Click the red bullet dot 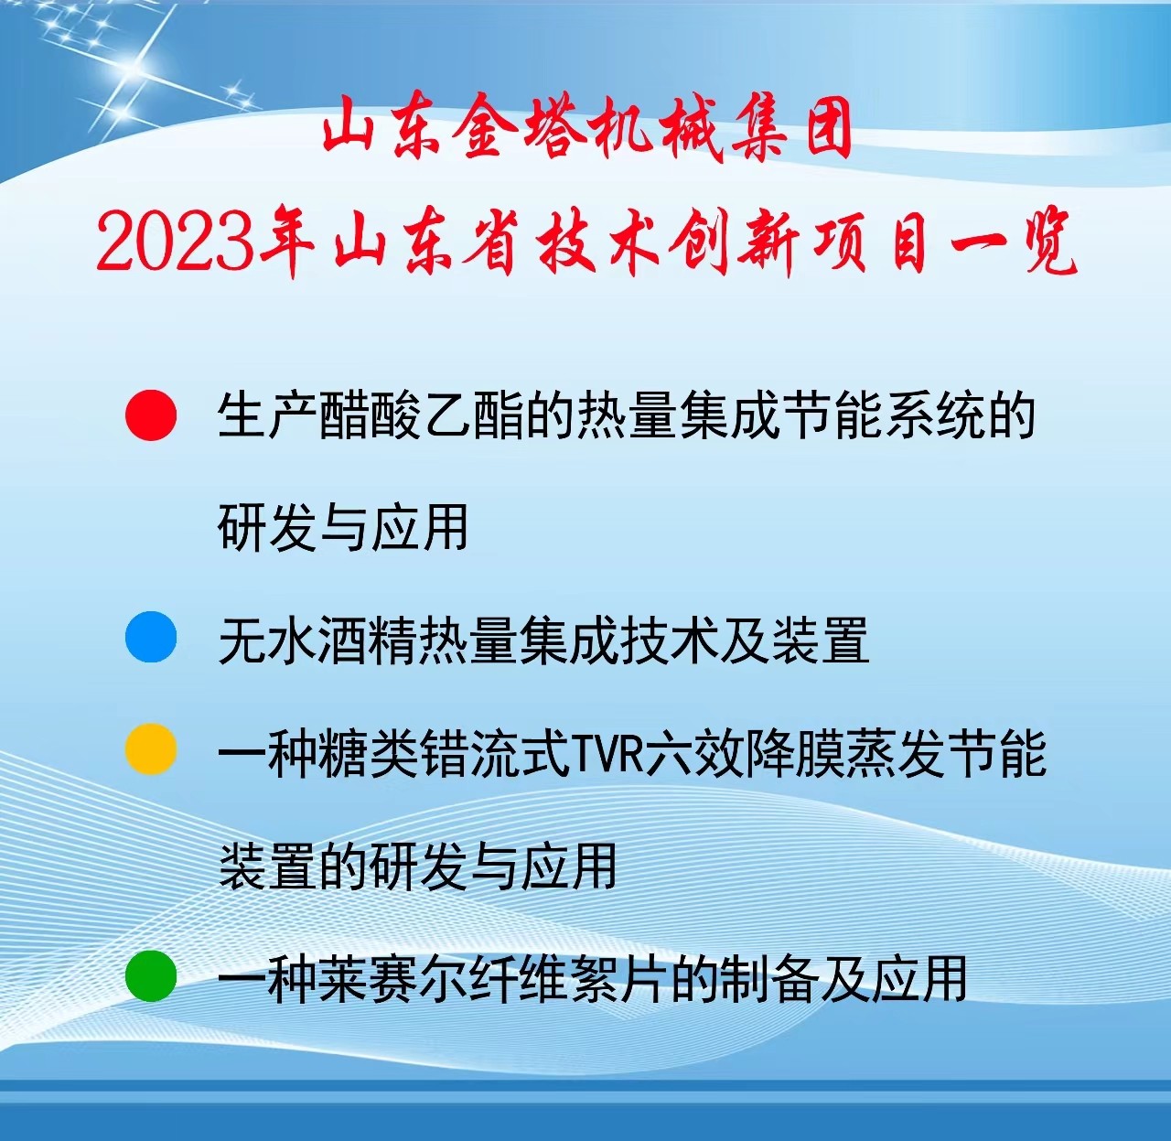(x=151, y=415)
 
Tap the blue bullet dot (x=151, y=638)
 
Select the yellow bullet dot (x=151, y=750)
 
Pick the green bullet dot (x=151, y=975)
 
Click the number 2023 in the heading (x=174, y=242)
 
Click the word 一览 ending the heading (x=1015, y=243)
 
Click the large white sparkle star (x=137, y=69)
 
